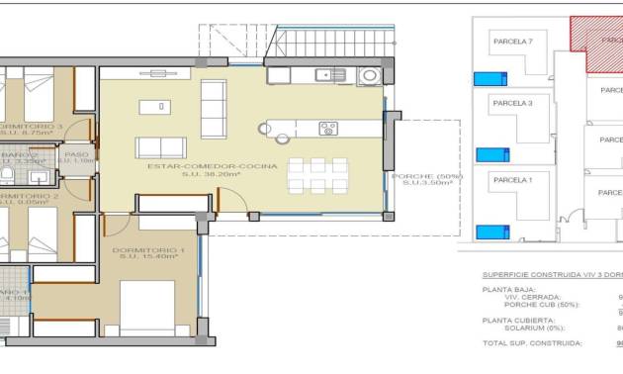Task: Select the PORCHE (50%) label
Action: click(x=426, y=176)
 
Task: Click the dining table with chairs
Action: click(x=317, y=175)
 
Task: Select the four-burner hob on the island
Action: click(x=328, y=128)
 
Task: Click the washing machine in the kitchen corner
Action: click(x=370, y=75)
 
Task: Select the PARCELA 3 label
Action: click(x=512, y=102)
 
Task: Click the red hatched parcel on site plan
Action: click(x=596, y=45)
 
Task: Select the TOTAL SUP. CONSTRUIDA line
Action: click(x=532, y=342)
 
